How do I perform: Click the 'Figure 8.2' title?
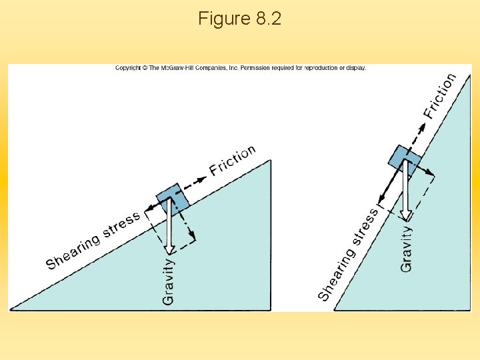coord(239,19)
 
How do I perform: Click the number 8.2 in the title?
coord(268,19)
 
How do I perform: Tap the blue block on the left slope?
coord(173,196)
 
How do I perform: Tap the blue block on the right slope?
coord(405,161)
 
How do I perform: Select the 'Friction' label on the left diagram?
coord(233,160)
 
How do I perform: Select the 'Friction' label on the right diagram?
coord(440,96)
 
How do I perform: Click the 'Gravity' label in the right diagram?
coord(406,249)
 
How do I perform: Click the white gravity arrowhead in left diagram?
coord(169,249)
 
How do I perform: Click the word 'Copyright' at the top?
coord(128,68)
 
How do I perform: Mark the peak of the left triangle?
coord(269,161)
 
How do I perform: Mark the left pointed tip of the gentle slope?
coord(11,309)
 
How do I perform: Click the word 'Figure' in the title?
coord(223,19)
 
